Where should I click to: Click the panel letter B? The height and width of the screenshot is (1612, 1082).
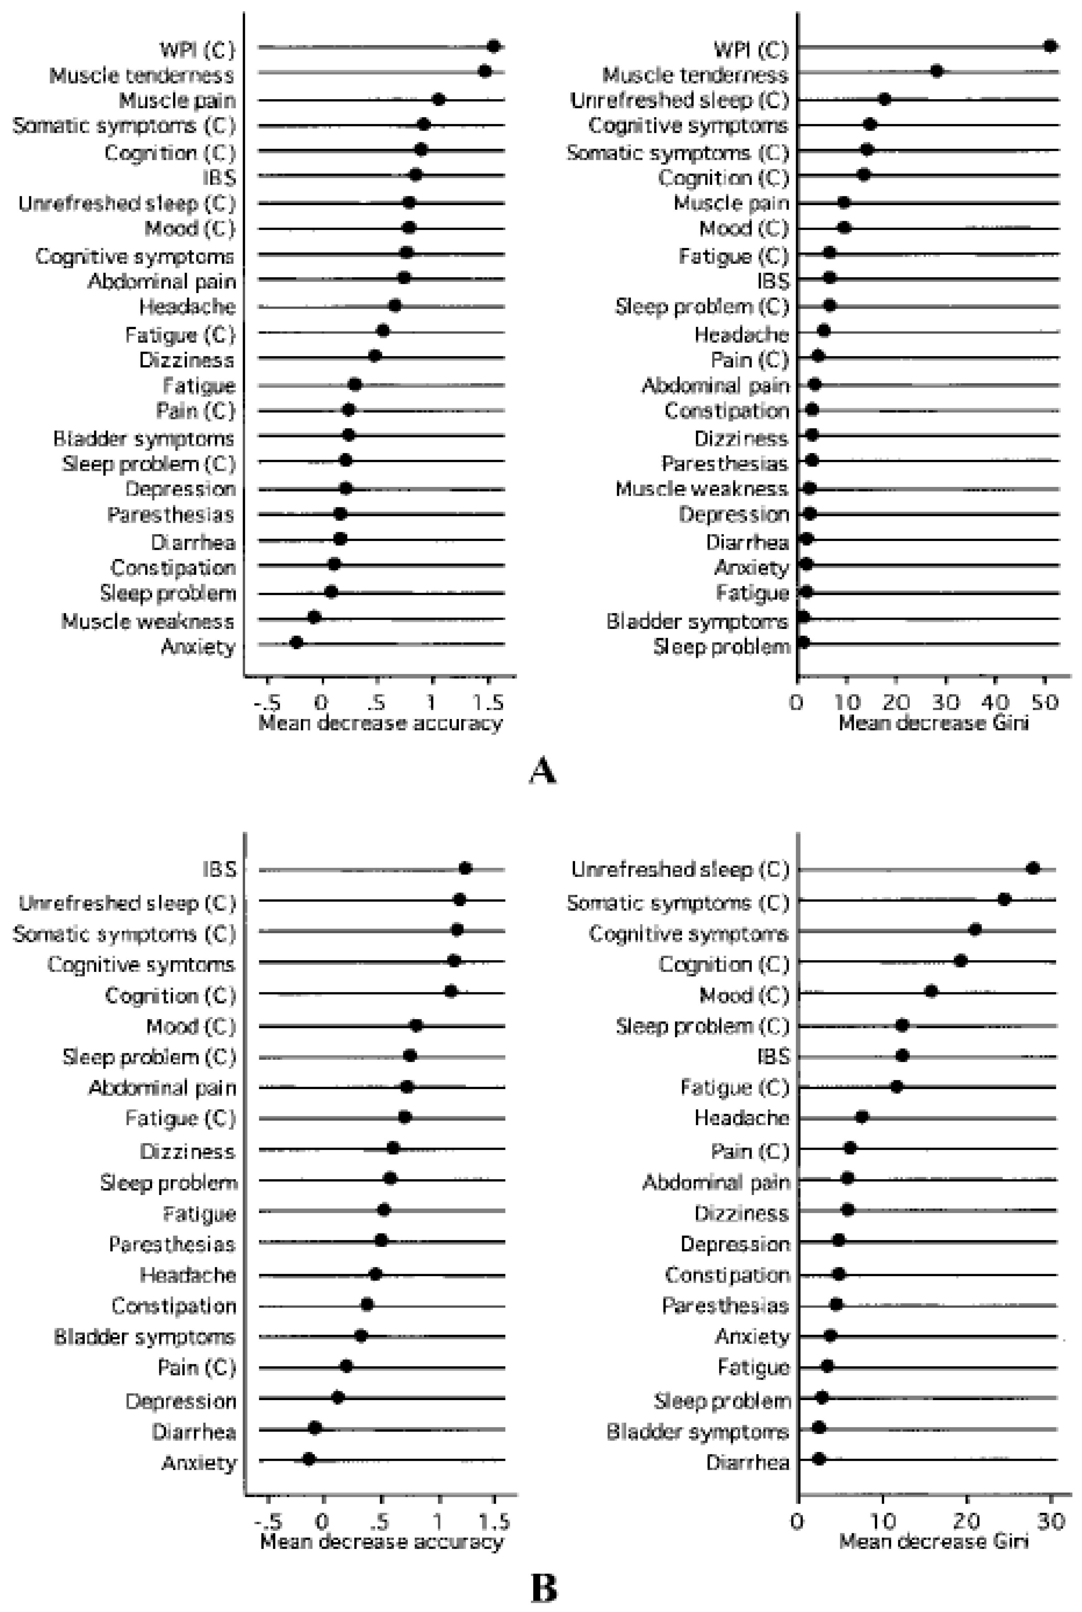pyautogui.click(x=543, y=1589)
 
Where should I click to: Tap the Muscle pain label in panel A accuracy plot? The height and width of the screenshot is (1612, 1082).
pyautogui.click(x=177, y=101)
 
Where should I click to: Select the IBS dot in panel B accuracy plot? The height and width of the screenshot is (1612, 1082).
pyautogui.click(x=465, y=868)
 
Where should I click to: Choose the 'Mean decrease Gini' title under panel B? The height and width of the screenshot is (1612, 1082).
pyautogui.click(x=933, y=1542)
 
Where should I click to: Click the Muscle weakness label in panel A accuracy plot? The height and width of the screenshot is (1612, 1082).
pyautogui.click(x=148, y=621)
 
